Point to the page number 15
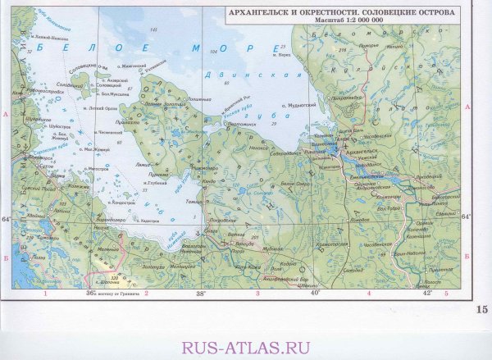click(x=481, y=308)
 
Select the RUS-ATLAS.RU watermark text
click(x=246, y=347)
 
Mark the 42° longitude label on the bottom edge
click(x=426, y=293)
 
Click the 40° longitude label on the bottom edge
click(x=314, y=293)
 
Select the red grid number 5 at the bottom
click(x=446, y=293)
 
